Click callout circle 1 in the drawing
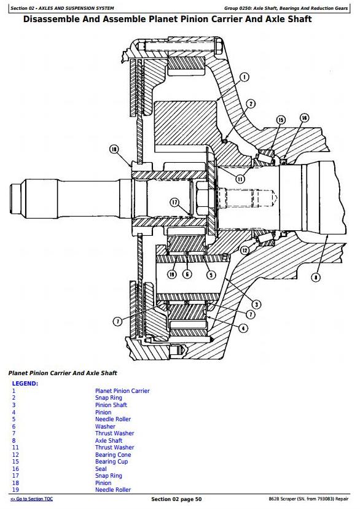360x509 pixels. [x=244, y=77]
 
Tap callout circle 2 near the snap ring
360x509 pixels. [x=251, y=104]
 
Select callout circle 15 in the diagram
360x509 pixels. [x=281, y=120]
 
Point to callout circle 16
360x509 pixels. [x=304, y=118]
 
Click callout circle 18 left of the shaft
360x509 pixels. [x=114, y=149]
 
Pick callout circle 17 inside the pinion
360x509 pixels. [x=175, y=203]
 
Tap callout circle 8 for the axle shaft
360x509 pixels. [x=316, y=278]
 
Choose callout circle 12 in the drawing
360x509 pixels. [x=245, y=251]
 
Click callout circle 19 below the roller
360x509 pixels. [x=172, y=274]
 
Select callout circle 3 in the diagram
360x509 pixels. [x=256, y=305]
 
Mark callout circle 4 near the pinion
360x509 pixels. [x=243, y=328]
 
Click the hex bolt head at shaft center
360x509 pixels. [x=203, y=195]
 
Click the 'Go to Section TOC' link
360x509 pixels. [x=31, y=499]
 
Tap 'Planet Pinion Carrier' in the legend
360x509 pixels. [x=122, y=391]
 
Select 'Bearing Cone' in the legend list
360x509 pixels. [x=113, y=454]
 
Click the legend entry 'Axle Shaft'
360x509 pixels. [x=109, y=440]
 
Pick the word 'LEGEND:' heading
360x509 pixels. [x=25, y=383]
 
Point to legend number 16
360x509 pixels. [x=15, y=468]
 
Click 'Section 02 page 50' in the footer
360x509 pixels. [x=176, y=499]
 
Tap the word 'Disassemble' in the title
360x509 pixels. [x=52, y=19]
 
